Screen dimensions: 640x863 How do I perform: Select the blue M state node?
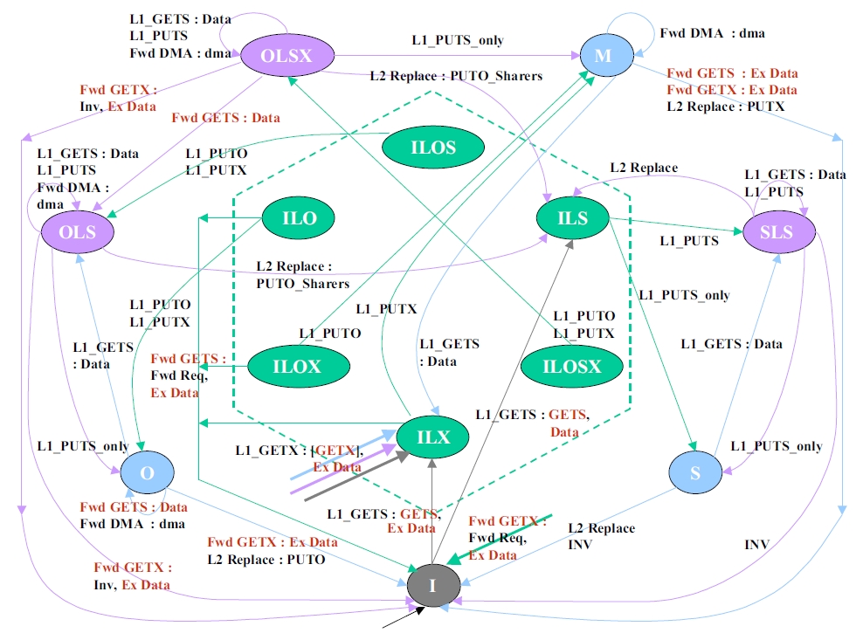(602, 56)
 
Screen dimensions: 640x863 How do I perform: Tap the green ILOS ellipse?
(432, 147)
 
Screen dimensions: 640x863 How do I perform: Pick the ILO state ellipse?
(300, 218)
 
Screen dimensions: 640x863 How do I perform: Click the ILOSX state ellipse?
(572, 366)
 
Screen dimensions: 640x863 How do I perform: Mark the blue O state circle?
(147, 472)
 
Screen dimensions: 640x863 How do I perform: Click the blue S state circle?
(695, 472)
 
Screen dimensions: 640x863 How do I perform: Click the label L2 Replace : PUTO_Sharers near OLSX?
(455, 76)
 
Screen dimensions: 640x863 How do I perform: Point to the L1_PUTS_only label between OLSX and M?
(457, 40)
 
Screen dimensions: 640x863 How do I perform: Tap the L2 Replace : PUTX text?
(725, 106)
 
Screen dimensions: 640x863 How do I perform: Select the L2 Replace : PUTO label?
(266, 559)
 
